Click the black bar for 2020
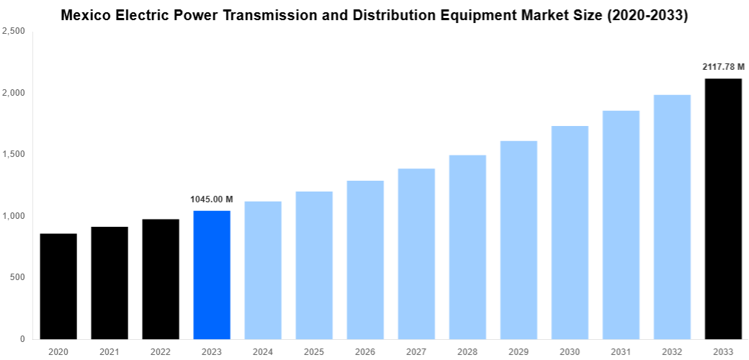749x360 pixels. (58, 286)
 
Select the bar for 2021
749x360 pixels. (109, 283)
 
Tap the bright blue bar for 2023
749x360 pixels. (212, 274)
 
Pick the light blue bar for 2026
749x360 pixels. (365, 259)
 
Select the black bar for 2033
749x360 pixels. (723, 209)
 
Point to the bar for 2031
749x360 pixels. (621, 225)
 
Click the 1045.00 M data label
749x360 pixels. (212, 199)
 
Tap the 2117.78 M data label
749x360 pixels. (723, 67)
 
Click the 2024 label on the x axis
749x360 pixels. (263, 351)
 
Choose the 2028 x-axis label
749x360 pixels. (467, 351)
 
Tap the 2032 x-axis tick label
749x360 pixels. (672, 351)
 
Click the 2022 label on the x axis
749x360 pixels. (161, 351)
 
